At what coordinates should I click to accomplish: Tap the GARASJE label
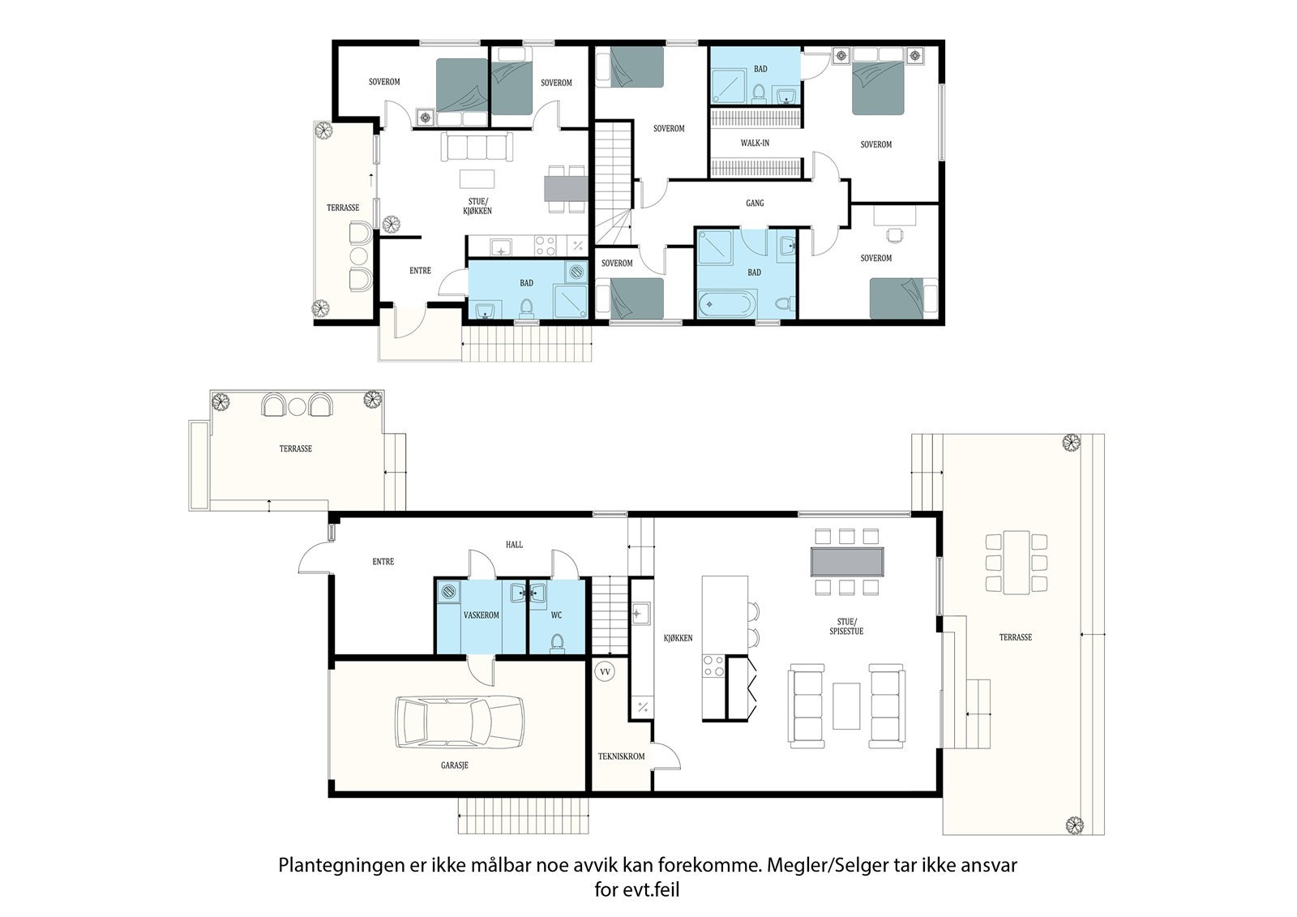pos(455,765)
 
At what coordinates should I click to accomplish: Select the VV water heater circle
pos(605,672)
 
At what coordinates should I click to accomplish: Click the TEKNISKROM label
pos(621,756)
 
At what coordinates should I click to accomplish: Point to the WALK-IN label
pos(755,143)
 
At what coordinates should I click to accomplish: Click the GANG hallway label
pos(755,203)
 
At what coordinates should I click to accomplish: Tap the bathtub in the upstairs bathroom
pos(726,303)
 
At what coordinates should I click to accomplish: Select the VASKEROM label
pos(482,615)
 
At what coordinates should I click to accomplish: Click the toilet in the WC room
pos(557,642)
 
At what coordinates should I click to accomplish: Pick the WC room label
pos(556,615)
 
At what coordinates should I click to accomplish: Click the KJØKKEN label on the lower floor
pos(678,638)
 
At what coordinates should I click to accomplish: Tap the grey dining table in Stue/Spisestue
pos(847,561)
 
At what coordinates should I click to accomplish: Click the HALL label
pos(514,545)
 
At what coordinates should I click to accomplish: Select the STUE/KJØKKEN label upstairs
pos(477,206)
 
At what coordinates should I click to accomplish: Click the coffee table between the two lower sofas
pos(846,705)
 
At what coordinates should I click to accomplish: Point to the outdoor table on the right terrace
pos(1017,563)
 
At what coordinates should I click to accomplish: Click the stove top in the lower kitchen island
pos(713,666)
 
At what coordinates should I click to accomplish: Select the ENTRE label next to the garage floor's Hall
pos(383,561)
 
